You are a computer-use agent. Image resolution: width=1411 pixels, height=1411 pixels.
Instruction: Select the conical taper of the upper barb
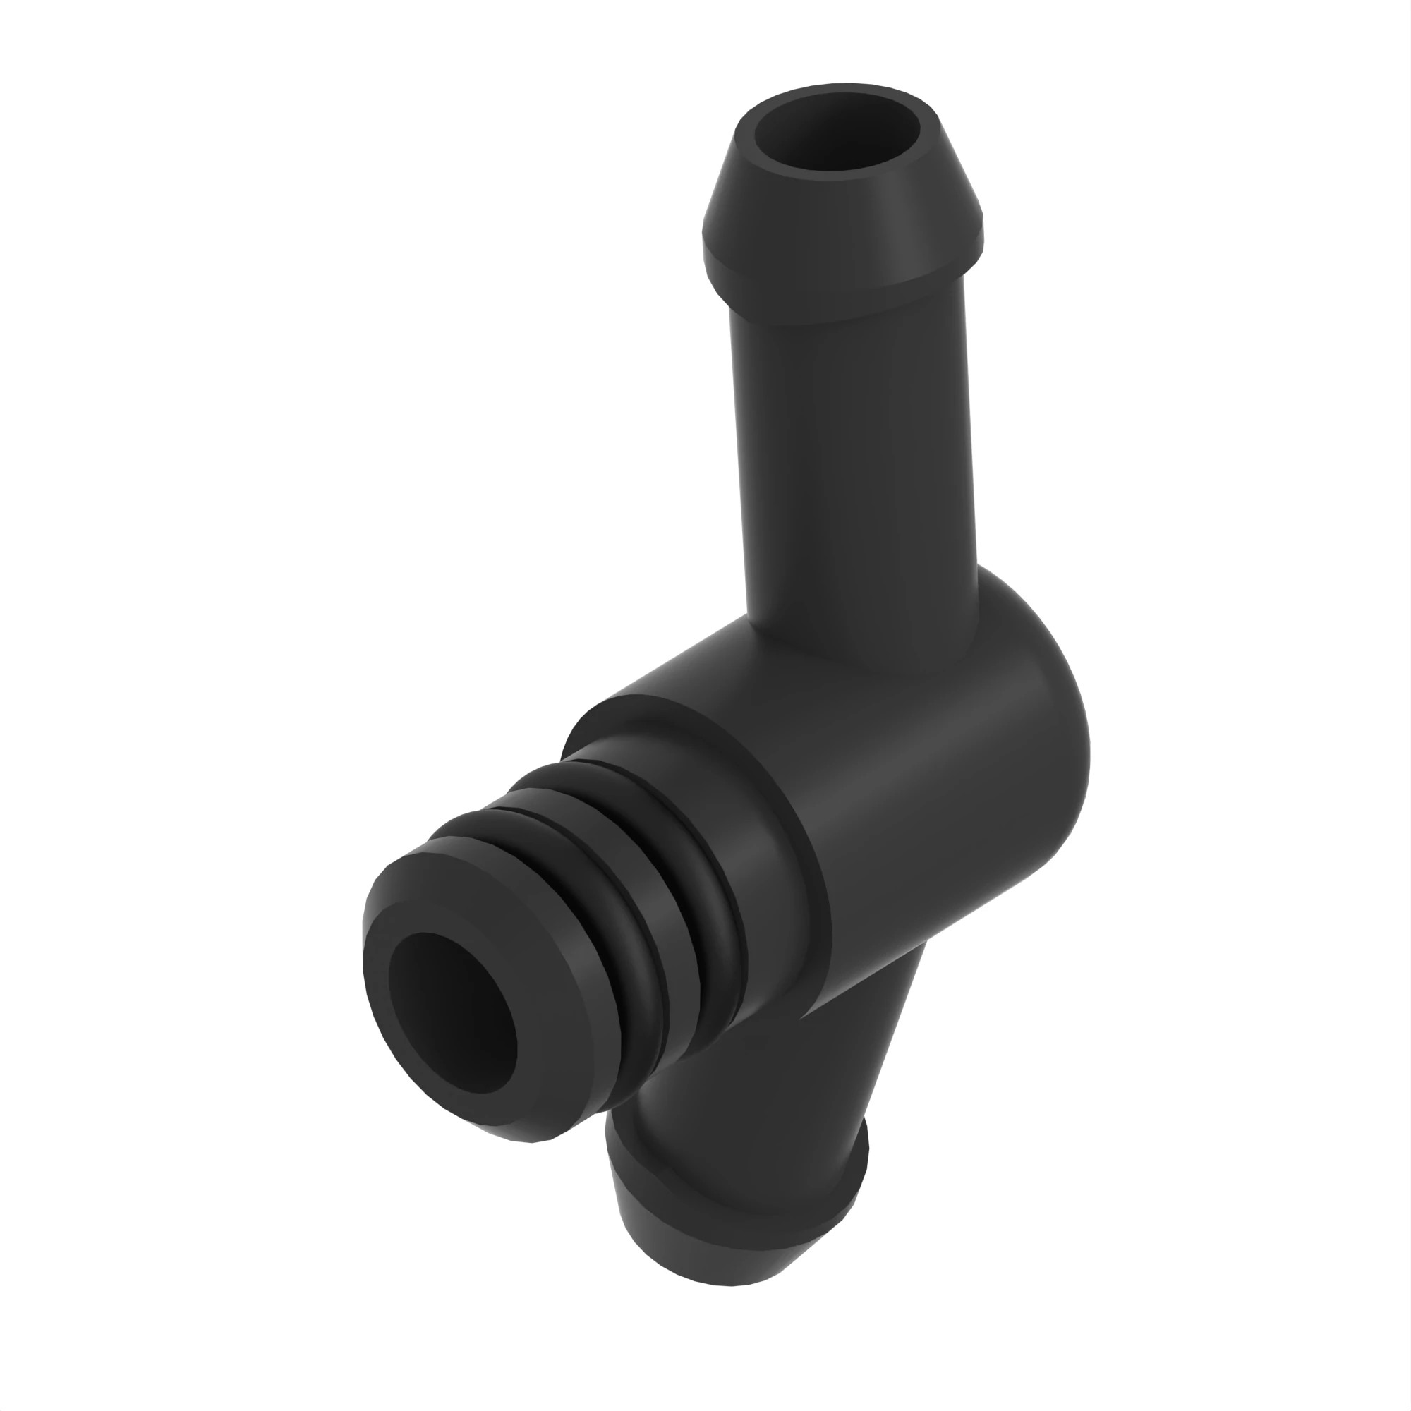pos(840,198)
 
